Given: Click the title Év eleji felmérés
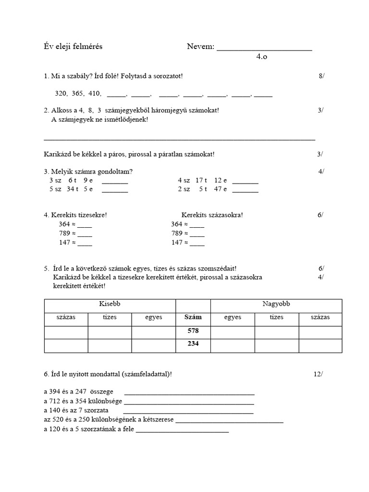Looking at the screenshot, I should tap(73, 47).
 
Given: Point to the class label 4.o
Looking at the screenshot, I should tap(261, 57).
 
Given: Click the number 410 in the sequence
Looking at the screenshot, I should tap(95, 94).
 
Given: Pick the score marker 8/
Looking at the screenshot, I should tap(321, 76).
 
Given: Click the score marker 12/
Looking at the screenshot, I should tap(319, 373).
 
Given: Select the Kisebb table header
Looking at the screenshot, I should tap(110, 304).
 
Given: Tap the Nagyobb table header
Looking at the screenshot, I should tap(276, 304).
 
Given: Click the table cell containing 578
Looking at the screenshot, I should tap(193, 331).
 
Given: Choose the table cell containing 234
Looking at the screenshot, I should tap(193, 344).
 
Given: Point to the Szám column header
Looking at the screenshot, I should tap(193, 318).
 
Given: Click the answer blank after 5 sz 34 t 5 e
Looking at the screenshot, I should tap(115, 190).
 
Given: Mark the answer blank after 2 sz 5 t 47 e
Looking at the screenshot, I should tap(245, 190).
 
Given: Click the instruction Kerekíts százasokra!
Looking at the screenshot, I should tap(212, 215).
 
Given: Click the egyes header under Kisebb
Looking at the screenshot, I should tap(154, 318).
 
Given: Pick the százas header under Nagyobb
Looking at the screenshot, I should tap(320, 318).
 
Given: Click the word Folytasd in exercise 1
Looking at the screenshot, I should tap(133, 76).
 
